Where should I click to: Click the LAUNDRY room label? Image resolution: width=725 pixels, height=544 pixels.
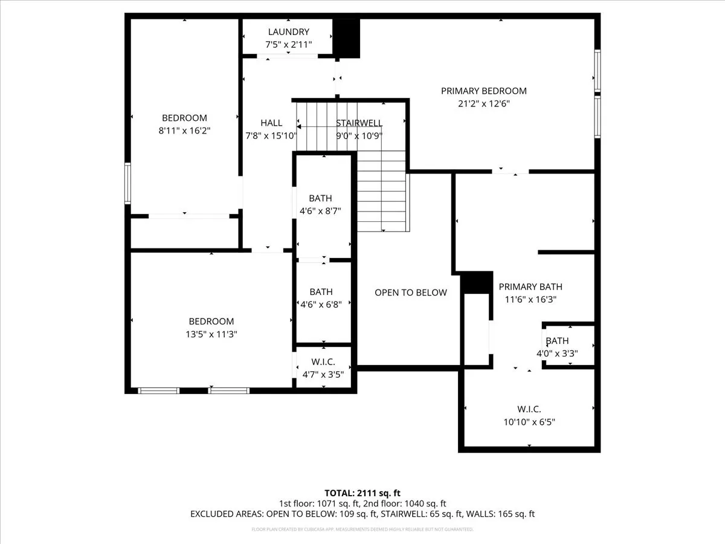289,31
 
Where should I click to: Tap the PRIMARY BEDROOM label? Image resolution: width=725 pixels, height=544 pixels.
484,91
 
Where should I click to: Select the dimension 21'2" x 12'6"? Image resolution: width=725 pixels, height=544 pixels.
484,104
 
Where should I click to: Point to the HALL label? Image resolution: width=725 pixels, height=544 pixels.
271,123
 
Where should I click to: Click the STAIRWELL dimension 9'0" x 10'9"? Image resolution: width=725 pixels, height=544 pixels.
359,136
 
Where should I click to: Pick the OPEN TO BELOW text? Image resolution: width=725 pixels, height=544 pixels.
411,293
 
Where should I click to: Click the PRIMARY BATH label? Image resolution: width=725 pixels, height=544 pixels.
530,287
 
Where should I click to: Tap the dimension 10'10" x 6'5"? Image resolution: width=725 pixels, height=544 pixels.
529,422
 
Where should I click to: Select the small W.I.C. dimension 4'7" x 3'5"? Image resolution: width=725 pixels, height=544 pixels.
323,375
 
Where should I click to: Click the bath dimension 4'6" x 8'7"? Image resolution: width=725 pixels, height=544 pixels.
320,211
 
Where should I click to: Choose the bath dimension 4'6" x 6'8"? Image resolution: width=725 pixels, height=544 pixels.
321,304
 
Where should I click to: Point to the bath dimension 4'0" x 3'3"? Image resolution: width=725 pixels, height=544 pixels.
557,354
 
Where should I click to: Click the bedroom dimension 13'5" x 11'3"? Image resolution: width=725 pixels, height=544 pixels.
211,334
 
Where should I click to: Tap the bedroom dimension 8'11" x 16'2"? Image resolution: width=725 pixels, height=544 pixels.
184,131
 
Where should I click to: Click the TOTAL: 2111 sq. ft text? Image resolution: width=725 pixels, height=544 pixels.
362,493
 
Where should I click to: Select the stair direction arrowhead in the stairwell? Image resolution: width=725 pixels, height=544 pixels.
298,126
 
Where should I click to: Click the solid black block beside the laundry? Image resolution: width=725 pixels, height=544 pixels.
346,38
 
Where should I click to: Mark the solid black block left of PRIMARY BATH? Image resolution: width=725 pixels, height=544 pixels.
477,283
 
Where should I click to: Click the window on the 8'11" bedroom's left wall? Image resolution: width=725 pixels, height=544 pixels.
127,183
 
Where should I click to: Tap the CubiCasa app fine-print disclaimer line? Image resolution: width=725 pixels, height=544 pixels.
362,529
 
